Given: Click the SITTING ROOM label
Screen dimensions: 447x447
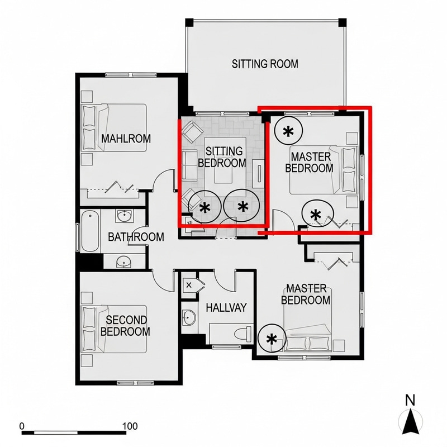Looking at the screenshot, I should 265,64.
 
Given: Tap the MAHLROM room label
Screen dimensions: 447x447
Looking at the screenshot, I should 126,139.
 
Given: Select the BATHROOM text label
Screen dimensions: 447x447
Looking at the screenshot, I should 136,237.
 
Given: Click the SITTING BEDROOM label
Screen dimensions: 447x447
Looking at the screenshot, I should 225,157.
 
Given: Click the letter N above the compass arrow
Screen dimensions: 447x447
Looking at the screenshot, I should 410,400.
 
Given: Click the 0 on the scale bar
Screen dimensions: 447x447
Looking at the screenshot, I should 22,426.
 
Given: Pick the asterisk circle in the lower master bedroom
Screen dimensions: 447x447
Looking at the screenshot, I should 272,339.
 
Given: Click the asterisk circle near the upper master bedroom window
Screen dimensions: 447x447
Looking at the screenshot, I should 288,131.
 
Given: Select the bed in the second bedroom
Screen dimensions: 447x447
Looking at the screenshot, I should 115,329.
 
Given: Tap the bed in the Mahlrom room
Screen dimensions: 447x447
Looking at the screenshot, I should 114,127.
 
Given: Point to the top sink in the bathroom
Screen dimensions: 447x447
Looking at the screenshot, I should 124,216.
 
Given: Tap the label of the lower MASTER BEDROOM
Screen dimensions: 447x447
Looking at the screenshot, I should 306,294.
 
